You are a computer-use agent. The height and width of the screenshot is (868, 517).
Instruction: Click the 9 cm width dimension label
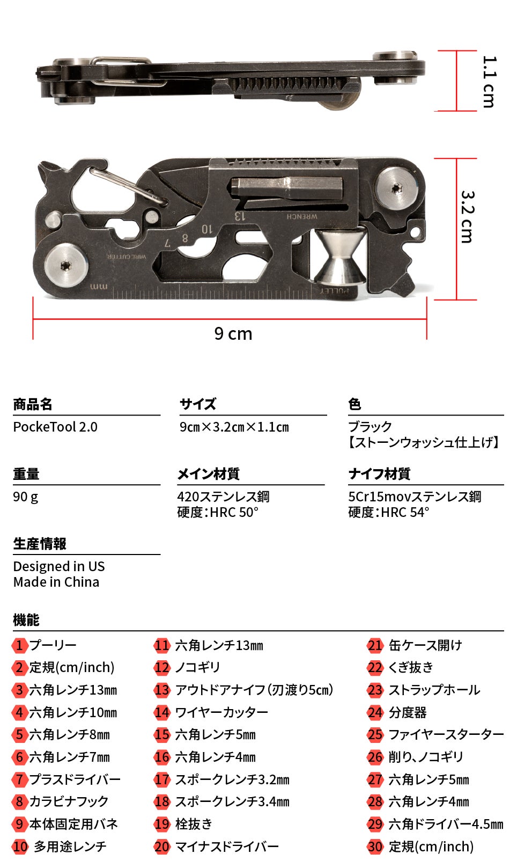tap(233, 334)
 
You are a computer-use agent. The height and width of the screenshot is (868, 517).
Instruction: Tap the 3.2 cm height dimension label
tap(468, 217)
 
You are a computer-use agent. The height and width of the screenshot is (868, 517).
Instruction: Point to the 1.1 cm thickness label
tap(489, 82)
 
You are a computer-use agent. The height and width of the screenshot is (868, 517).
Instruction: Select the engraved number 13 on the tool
tap(240, 216)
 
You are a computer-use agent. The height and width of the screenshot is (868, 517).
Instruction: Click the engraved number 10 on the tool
tap(207, 229)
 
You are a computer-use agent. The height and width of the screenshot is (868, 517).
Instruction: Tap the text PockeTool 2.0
tap(55, 427)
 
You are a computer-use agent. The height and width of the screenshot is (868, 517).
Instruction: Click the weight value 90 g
tap(26, 497)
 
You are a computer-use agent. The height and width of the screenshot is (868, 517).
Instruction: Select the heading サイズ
tap(198, 404)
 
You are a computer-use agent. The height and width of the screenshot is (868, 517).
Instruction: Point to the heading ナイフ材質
tap(379, 473)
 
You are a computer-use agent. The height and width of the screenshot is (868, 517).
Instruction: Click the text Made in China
tap(56, 582)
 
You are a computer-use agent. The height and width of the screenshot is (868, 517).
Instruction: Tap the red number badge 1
tap(19, 646)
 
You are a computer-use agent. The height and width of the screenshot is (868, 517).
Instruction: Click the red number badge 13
tap(162, 690)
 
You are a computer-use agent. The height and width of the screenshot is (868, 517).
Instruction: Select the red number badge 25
tap(375, 735)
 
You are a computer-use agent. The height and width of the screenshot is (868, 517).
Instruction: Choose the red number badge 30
tap(375, 847)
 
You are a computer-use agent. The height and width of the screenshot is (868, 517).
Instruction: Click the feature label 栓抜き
tap(194, 824)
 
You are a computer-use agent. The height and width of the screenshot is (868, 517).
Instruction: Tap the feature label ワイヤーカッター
tap(221, 712)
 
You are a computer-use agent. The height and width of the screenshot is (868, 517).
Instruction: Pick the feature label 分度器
tap(408, 712)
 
